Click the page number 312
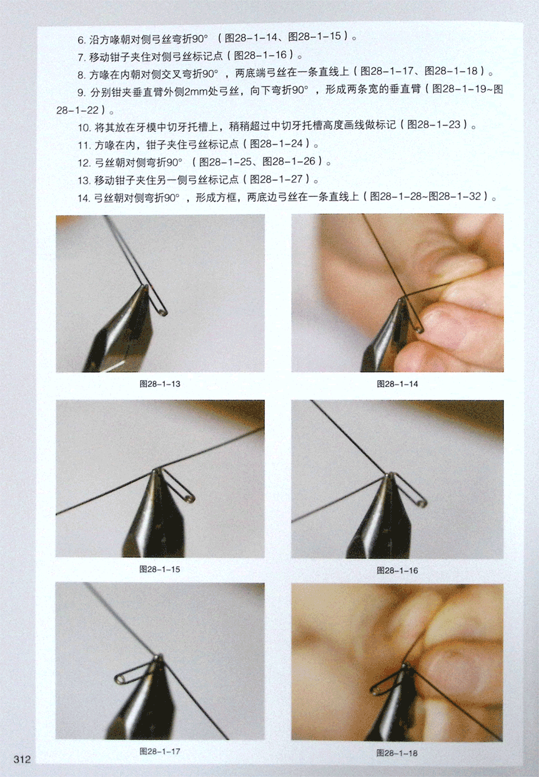coord(22,759)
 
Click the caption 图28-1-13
coord(160,384)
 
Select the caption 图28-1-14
coord(398,384)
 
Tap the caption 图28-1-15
coord(160,569)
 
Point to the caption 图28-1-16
coord(398,570)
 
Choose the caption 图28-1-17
coord(160,751)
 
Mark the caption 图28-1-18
coord(397,753)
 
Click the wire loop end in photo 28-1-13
coord(164,313)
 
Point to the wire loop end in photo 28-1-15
coord(190,499)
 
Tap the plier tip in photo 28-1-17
coord(159,656)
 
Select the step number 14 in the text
coord(84,198)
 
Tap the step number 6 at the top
coord(81,40)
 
